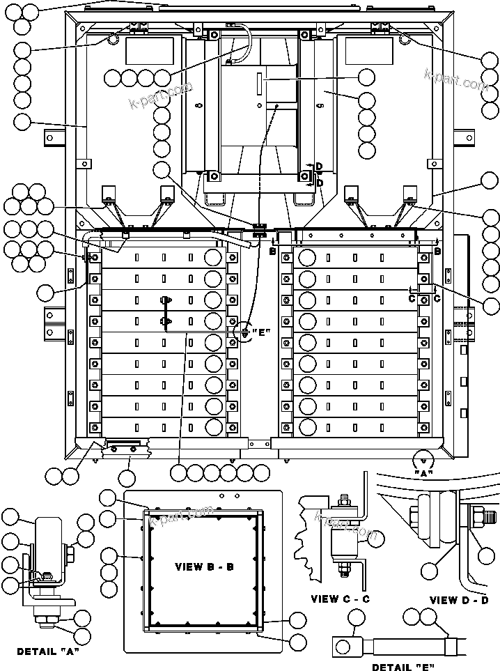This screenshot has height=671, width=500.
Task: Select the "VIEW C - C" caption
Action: click(x=340, y=599)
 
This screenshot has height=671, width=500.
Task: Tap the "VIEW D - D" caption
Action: click(x=459, y=600)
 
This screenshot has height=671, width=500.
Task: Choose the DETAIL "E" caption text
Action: click(x=402, y=667)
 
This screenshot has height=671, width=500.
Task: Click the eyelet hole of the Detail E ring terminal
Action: click(x=343, y=647)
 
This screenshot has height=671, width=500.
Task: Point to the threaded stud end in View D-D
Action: click(x=488, y=516)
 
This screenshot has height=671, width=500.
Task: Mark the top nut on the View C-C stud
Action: click(x=343, y=500)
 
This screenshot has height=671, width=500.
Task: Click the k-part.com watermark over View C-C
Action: click(x=346, y=527)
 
